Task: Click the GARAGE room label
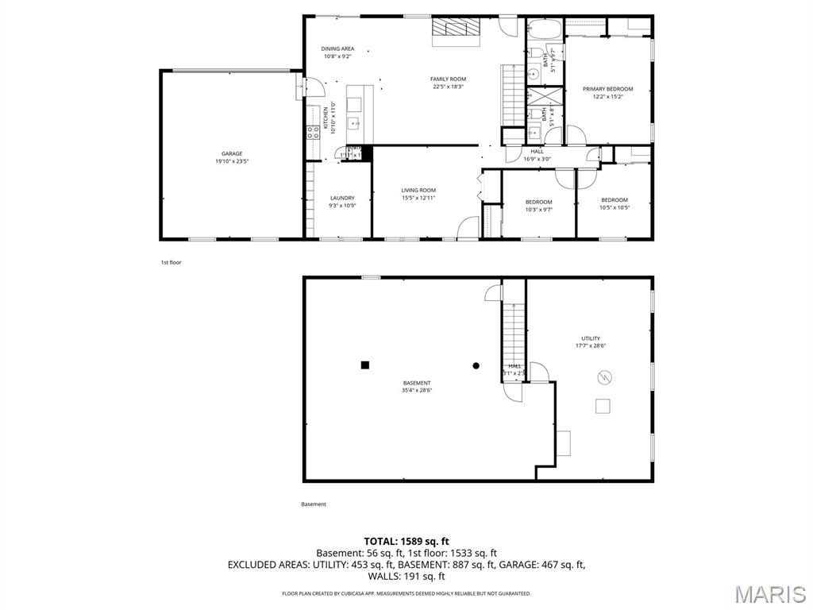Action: (x=232, y=153)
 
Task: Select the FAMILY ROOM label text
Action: (x=448, y=79)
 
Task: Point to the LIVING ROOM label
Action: (x=418, y=190)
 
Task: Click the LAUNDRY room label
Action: (x=342, y=198)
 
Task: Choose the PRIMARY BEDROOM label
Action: (x=608, y=89)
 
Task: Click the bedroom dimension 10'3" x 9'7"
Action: (x=538, y=210)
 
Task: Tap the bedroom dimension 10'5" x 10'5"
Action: (x=614, y=208)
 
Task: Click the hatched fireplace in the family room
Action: (x=457, y=29)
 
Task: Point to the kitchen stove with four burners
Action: (x=314, y=131)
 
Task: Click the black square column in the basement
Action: (x=365, y=365)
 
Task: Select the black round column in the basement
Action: (x=476, y=365)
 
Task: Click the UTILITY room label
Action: (x=590, y=338)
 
